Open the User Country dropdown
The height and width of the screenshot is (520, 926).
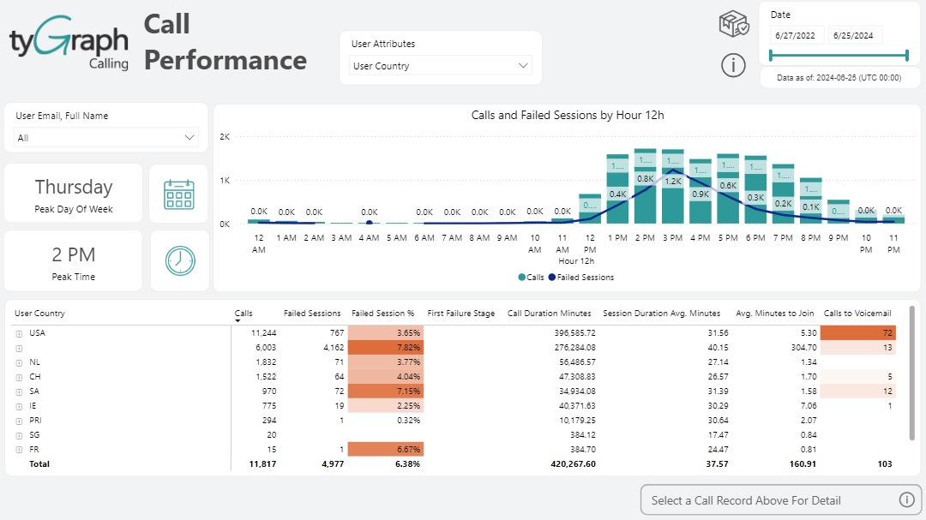tap(441, 66)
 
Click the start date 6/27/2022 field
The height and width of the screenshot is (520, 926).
tap(797, 35)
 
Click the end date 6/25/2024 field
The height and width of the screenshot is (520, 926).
tap(856, 35)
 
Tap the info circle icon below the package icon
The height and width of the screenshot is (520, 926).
tap(733, 64)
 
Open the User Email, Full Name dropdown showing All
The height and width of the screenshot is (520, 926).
tap(106, 138)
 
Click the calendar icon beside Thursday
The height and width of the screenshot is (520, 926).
tap(178, 194)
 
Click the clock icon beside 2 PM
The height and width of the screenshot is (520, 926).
tap(180, 260)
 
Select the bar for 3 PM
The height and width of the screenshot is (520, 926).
tap(672, 188)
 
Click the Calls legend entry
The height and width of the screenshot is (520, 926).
tap(531, 278)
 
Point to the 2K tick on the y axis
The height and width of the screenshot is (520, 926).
tap(225, 137)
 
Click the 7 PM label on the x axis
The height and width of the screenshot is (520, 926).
tap(783, 238)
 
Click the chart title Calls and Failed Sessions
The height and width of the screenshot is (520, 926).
tap(568, 115)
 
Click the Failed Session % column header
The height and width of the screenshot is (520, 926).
tap(382, 314)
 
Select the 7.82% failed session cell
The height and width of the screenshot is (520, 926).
tap(387, 347)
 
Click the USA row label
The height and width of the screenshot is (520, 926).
tap(37, 332)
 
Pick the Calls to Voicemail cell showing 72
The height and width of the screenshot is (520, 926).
tap(857, 332)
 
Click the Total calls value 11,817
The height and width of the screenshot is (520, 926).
tap(262, 464)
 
